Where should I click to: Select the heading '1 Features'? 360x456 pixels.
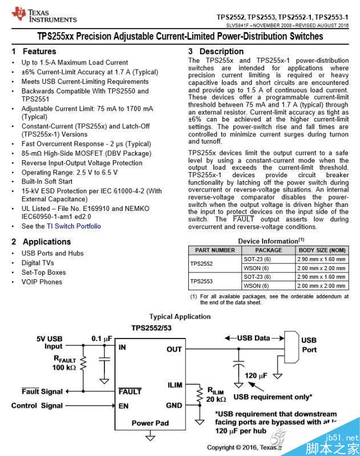pyautogui.click(x=34, y=51)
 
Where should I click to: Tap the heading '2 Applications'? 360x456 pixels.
pyautogui.click(x=42, y=242)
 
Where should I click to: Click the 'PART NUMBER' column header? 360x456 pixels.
pyautogui.click(x=215, y=250)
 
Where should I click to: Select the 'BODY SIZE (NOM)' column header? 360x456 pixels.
pyautogui.click(x=322, y=250)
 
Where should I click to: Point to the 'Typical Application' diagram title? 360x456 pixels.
pyautogui.click(x=180, y=317)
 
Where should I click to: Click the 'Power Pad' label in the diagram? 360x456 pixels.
pyautogui.click(x=150, y=423)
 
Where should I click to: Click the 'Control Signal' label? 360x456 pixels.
pyautogui.click(x=37, y=405)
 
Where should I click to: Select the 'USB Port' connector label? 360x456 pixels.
pyautogui.click(x=309, y=345)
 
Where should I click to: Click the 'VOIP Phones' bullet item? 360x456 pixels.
pyautogui.click(x=42, y=282)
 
